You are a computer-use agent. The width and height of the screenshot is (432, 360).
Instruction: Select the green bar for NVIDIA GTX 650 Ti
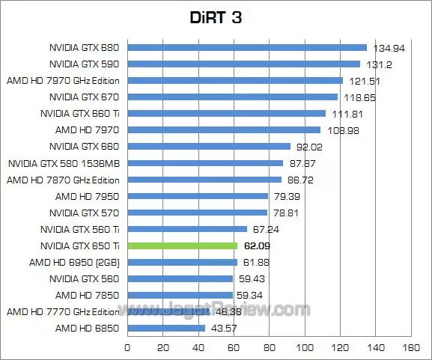(x=183, y=245)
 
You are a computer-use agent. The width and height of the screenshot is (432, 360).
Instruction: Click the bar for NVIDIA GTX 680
(x=247, y=48)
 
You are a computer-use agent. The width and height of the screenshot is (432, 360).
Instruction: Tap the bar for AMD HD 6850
(x=166, y=328)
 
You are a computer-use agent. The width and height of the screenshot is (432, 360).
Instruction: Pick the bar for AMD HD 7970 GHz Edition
(x=235, y=81)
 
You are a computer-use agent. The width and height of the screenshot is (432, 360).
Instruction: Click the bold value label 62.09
(x=258, y=245)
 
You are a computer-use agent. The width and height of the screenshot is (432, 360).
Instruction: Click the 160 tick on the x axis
(x=410, y=348)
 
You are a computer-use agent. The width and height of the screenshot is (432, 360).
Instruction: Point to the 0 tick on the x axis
(x=127, y=348)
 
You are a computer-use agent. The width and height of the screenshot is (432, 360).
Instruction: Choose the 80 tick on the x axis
(x=269, y=348)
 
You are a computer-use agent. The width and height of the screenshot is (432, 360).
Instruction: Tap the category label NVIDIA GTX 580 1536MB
(x=64, y=163)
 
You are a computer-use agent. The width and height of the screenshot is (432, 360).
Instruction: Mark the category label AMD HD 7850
(x=88, y=295)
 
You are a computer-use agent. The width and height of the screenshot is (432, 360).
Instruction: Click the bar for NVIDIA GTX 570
(x=197, y=213)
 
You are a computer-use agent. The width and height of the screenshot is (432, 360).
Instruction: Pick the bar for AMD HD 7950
(x=198, y=196)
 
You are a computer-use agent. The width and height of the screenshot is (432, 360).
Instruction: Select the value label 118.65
(x=359, y=97)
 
